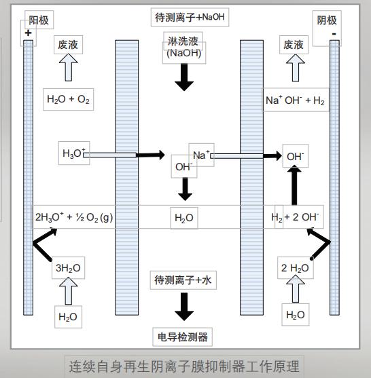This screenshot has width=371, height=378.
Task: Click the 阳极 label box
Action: (x=38, y=21)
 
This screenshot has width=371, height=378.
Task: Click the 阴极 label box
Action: (x=327, y=21)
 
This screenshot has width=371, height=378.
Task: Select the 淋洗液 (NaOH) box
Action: (x=183, y=48)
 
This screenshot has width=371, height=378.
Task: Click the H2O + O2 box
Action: (x=69, y=100)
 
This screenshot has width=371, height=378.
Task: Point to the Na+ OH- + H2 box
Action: (x=295, y=100)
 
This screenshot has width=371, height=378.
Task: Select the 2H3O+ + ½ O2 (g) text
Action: (x=74, y=218)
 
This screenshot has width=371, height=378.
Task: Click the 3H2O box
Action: (x=68, y=268)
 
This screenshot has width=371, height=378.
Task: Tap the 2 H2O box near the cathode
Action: (x=296, y=268)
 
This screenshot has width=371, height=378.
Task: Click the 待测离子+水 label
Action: (x=183, y=280)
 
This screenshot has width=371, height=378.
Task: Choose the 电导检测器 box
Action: (x=183, y=336)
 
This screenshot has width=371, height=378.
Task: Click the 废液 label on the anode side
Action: (x=69, y=45)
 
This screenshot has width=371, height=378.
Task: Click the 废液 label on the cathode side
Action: (x=294, y=45)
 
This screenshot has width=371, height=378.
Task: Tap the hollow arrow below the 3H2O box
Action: (x=68, y=291)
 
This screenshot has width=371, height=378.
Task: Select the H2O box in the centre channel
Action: (x=183, y=218)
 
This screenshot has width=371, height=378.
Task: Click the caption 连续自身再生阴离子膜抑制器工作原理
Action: (x=184, y=367)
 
